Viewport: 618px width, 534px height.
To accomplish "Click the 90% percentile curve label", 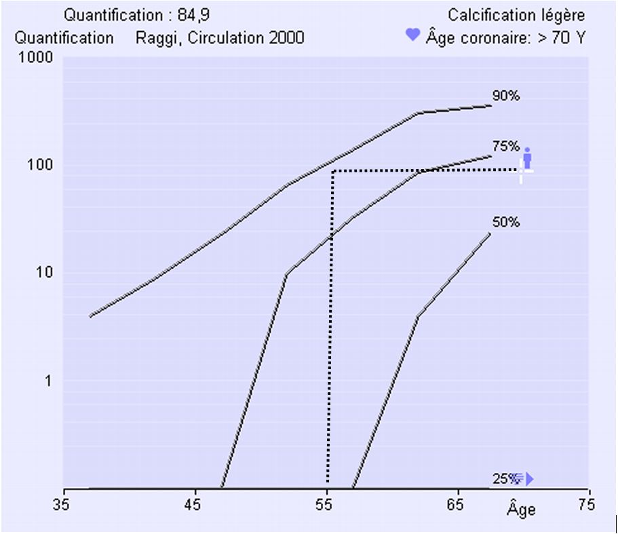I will point(506,96).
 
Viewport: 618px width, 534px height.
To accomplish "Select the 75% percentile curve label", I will point(506,146).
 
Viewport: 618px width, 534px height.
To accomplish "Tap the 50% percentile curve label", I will point(506,222).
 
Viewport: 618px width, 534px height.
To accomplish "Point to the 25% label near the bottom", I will point(503,479).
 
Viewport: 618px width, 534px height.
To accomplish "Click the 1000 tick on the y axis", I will point(39,58).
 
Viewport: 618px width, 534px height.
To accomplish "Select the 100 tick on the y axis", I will point(42,166).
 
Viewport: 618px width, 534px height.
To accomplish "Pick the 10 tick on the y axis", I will point(45,273).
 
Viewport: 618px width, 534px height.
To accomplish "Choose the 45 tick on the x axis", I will point(195,505).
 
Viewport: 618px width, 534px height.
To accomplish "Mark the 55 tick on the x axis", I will point(327,505).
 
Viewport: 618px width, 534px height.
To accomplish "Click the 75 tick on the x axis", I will point(586,505).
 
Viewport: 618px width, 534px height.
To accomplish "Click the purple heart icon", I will point(412,35).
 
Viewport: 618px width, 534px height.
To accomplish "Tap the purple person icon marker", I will point(527,159).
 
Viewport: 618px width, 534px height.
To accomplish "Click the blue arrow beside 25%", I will point(529,479).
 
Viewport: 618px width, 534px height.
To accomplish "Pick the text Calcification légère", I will point(516,15).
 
